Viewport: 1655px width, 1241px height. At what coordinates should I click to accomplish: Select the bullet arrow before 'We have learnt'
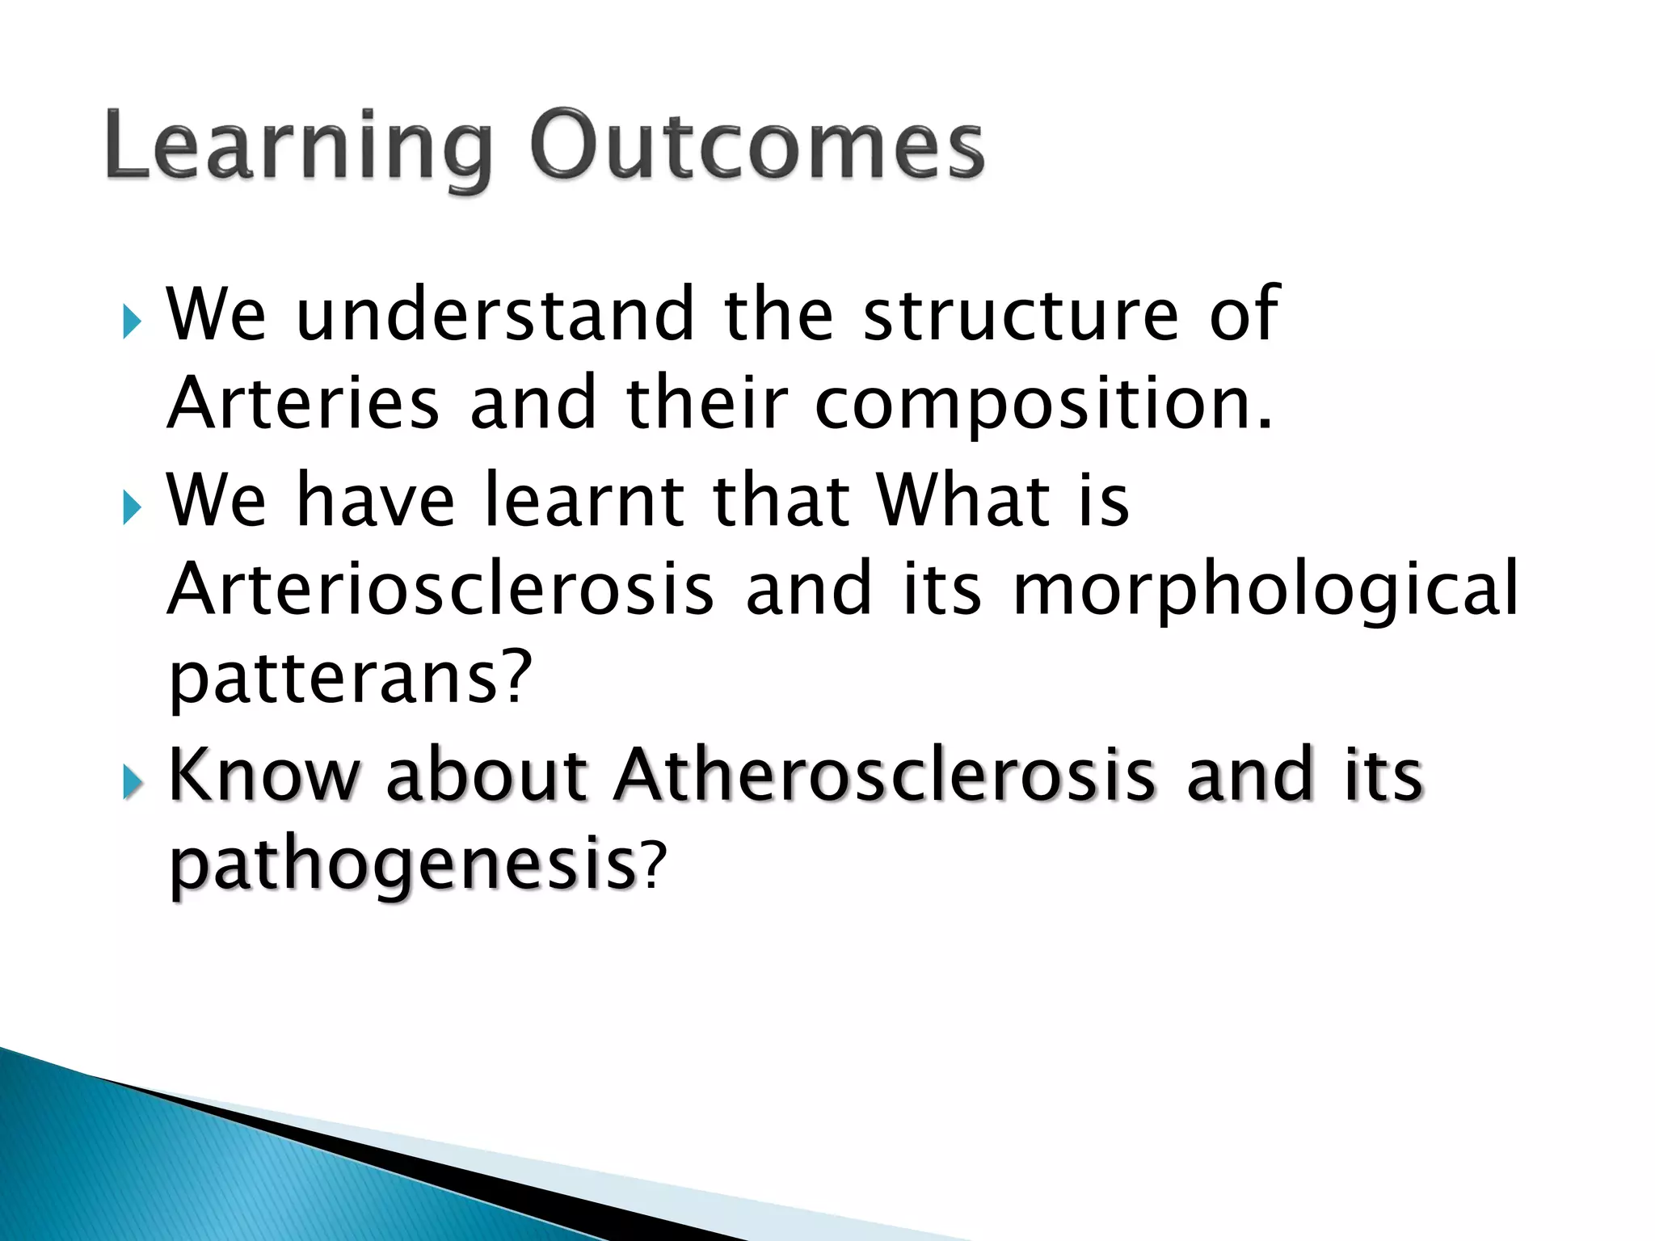click(x=132, y=508)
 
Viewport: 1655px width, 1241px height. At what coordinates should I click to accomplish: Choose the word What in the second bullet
click(x=962, y=500)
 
